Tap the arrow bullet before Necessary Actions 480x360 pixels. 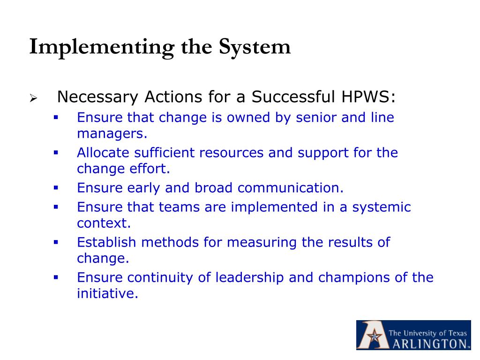coord(33,98)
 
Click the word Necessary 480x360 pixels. coord(98,97)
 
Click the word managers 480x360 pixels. coord(112,134)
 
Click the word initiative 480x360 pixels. coord(107,294)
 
